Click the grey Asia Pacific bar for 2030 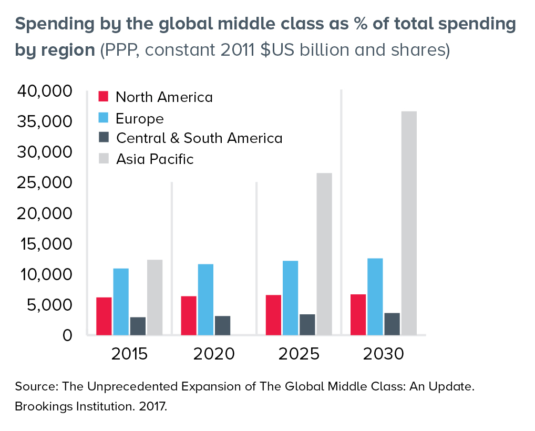pyautogui.click(x=408, y=223)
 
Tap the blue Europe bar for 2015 pyautogui.click(x=121, y=301)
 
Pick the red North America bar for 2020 pyautogui.click(x=189, y=315)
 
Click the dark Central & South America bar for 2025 pyautogui.click(x=307, y=324)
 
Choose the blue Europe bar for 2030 pyautogui.click(x=375, y=296)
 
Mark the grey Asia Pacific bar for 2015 pyautogui.click(x=155, y=297)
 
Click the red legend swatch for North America pyautogui.click(x=104, y=97)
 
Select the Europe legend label pyautogui.click(x=139, y=118)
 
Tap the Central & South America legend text pyautogui.click(x=199, y=138)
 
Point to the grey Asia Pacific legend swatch pyautogui.click(x=104, y=158)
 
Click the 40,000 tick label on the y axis pyautogui.click(x=45, y=91)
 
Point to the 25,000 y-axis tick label pyautogui.click(x=45, y=183)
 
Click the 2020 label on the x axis pyautogui.click(x=214, y=354)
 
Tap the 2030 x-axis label pyautogui.click(x=383, y=354)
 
